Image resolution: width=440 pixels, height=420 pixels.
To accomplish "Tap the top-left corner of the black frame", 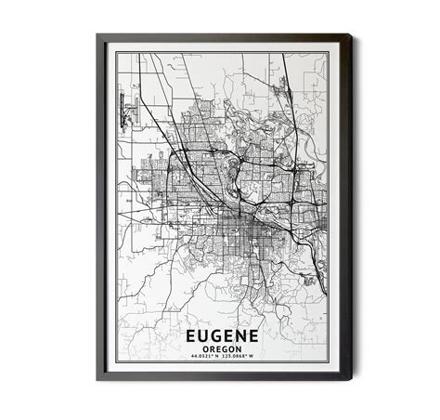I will tap(97, 35).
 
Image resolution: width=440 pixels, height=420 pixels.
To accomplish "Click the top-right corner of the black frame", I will tap(350, 35).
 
